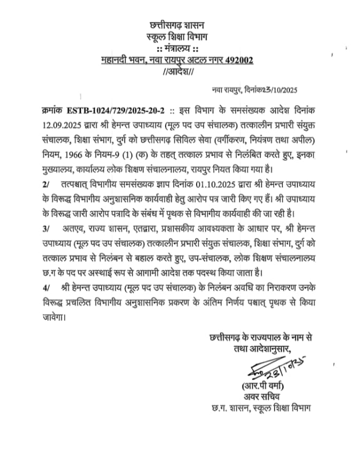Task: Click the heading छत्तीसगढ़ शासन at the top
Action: coord(179,25)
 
